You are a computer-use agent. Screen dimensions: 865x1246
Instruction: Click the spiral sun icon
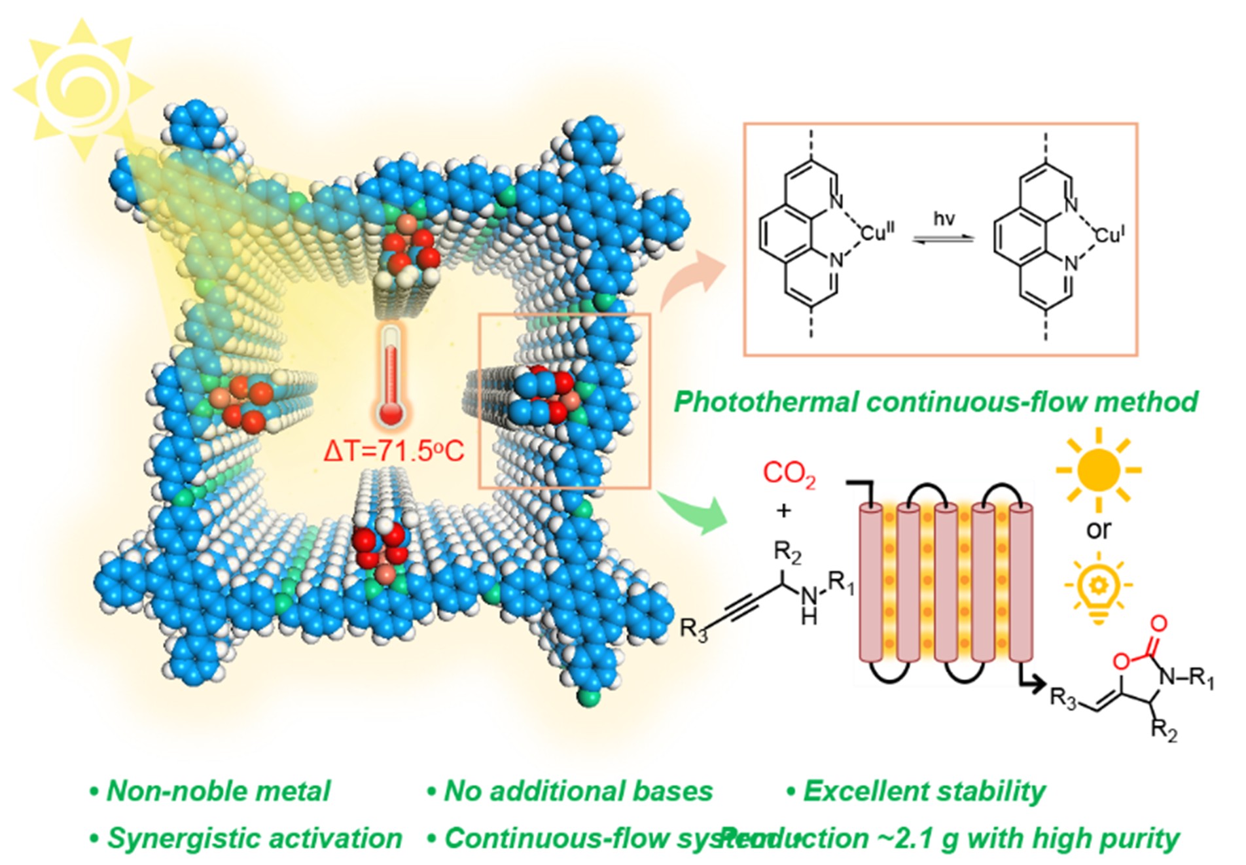tap(82, 90)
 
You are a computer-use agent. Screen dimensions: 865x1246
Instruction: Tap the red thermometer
tap(391, 376)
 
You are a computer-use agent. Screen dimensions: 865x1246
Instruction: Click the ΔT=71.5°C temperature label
tap(394, 451)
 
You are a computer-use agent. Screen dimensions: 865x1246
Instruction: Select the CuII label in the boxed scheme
tap(877, 232)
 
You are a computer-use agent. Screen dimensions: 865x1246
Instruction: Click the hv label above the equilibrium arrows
tap(944, 219)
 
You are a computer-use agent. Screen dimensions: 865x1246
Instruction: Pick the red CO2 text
tap(789, 474)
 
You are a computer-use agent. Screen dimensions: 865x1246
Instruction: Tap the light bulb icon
tap(1099, 586)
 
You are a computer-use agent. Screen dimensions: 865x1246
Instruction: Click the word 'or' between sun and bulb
tap(1099, 529)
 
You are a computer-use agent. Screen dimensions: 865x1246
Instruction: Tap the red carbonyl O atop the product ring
tap(1158, 623)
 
